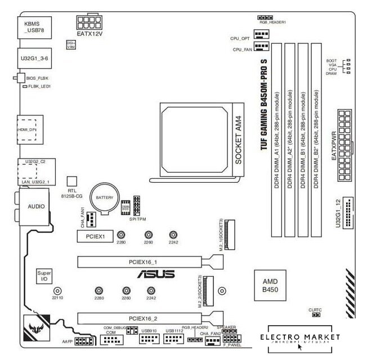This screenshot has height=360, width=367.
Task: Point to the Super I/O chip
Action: pos(43,276)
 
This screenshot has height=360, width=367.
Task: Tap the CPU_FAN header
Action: pos(261,49)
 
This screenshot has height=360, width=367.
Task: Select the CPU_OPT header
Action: pos(261,35)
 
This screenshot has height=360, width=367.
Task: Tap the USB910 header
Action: pos(149,340)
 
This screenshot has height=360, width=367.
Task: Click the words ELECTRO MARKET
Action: pos(304,337)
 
